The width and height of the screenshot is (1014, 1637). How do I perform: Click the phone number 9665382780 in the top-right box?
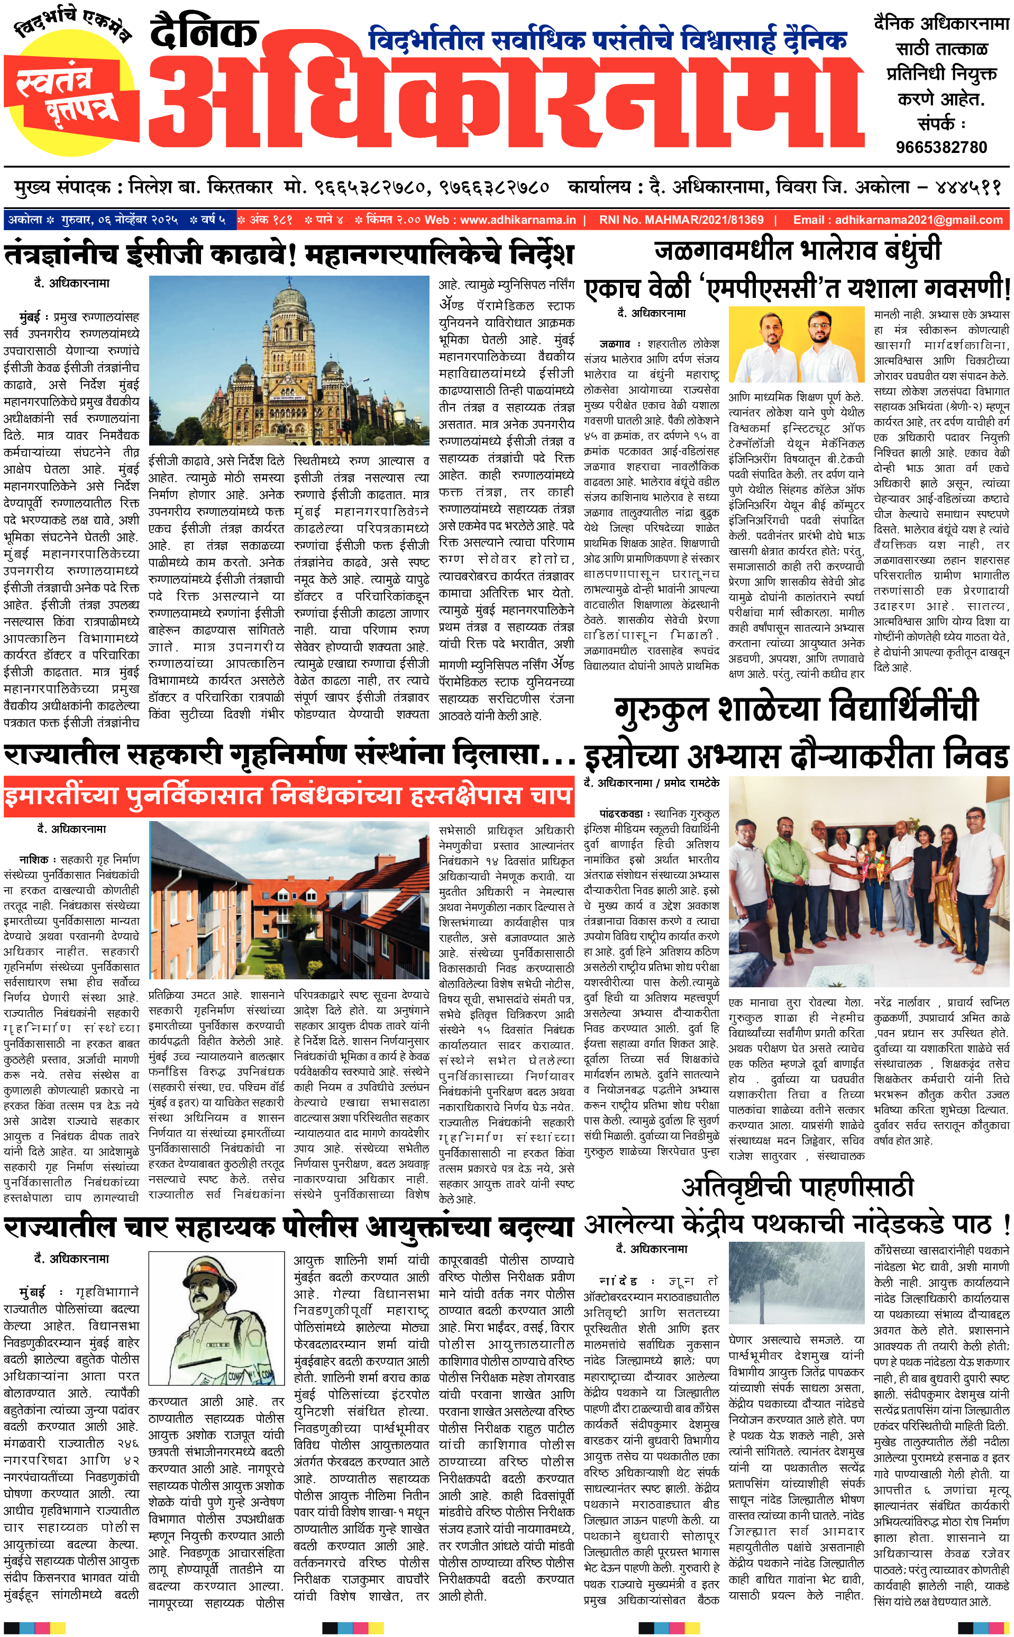[x=941, y=147]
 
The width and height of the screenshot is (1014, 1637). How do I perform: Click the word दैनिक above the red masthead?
[x=204, y=33]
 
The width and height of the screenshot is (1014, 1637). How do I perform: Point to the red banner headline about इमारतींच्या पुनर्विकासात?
[x=288, y=796]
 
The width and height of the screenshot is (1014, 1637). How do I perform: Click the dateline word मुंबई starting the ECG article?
[x=30, y=316]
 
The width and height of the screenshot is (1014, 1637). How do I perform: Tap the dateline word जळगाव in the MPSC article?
[x=614, y=343]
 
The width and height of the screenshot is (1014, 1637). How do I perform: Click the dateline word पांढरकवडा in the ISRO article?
[x=620, y=813]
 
